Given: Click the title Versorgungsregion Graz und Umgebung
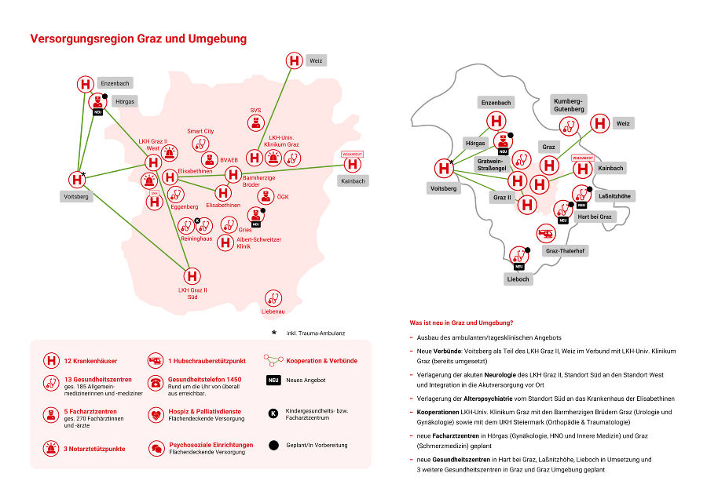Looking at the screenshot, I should [138, 38].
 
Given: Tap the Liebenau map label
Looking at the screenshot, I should [273, 311].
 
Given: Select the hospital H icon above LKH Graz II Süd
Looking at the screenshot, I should [192, 276].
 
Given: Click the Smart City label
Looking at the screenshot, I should [200, 131].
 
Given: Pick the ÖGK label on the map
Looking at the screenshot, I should [284, 196].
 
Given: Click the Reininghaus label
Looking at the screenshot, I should [196, 239].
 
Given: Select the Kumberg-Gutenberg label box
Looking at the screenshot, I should [568, 106].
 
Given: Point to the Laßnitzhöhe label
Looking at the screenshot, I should [616, 195].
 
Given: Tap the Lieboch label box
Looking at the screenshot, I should [518, 279].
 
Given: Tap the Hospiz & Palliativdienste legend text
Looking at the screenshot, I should [205, 411].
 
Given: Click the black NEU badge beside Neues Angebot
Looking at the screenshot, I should [273, 381].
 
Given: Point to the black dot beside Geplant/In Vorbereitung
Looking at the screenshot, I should [273, 445].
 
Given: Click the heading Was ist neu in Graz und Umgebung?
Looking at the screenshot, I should [462, 322].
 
